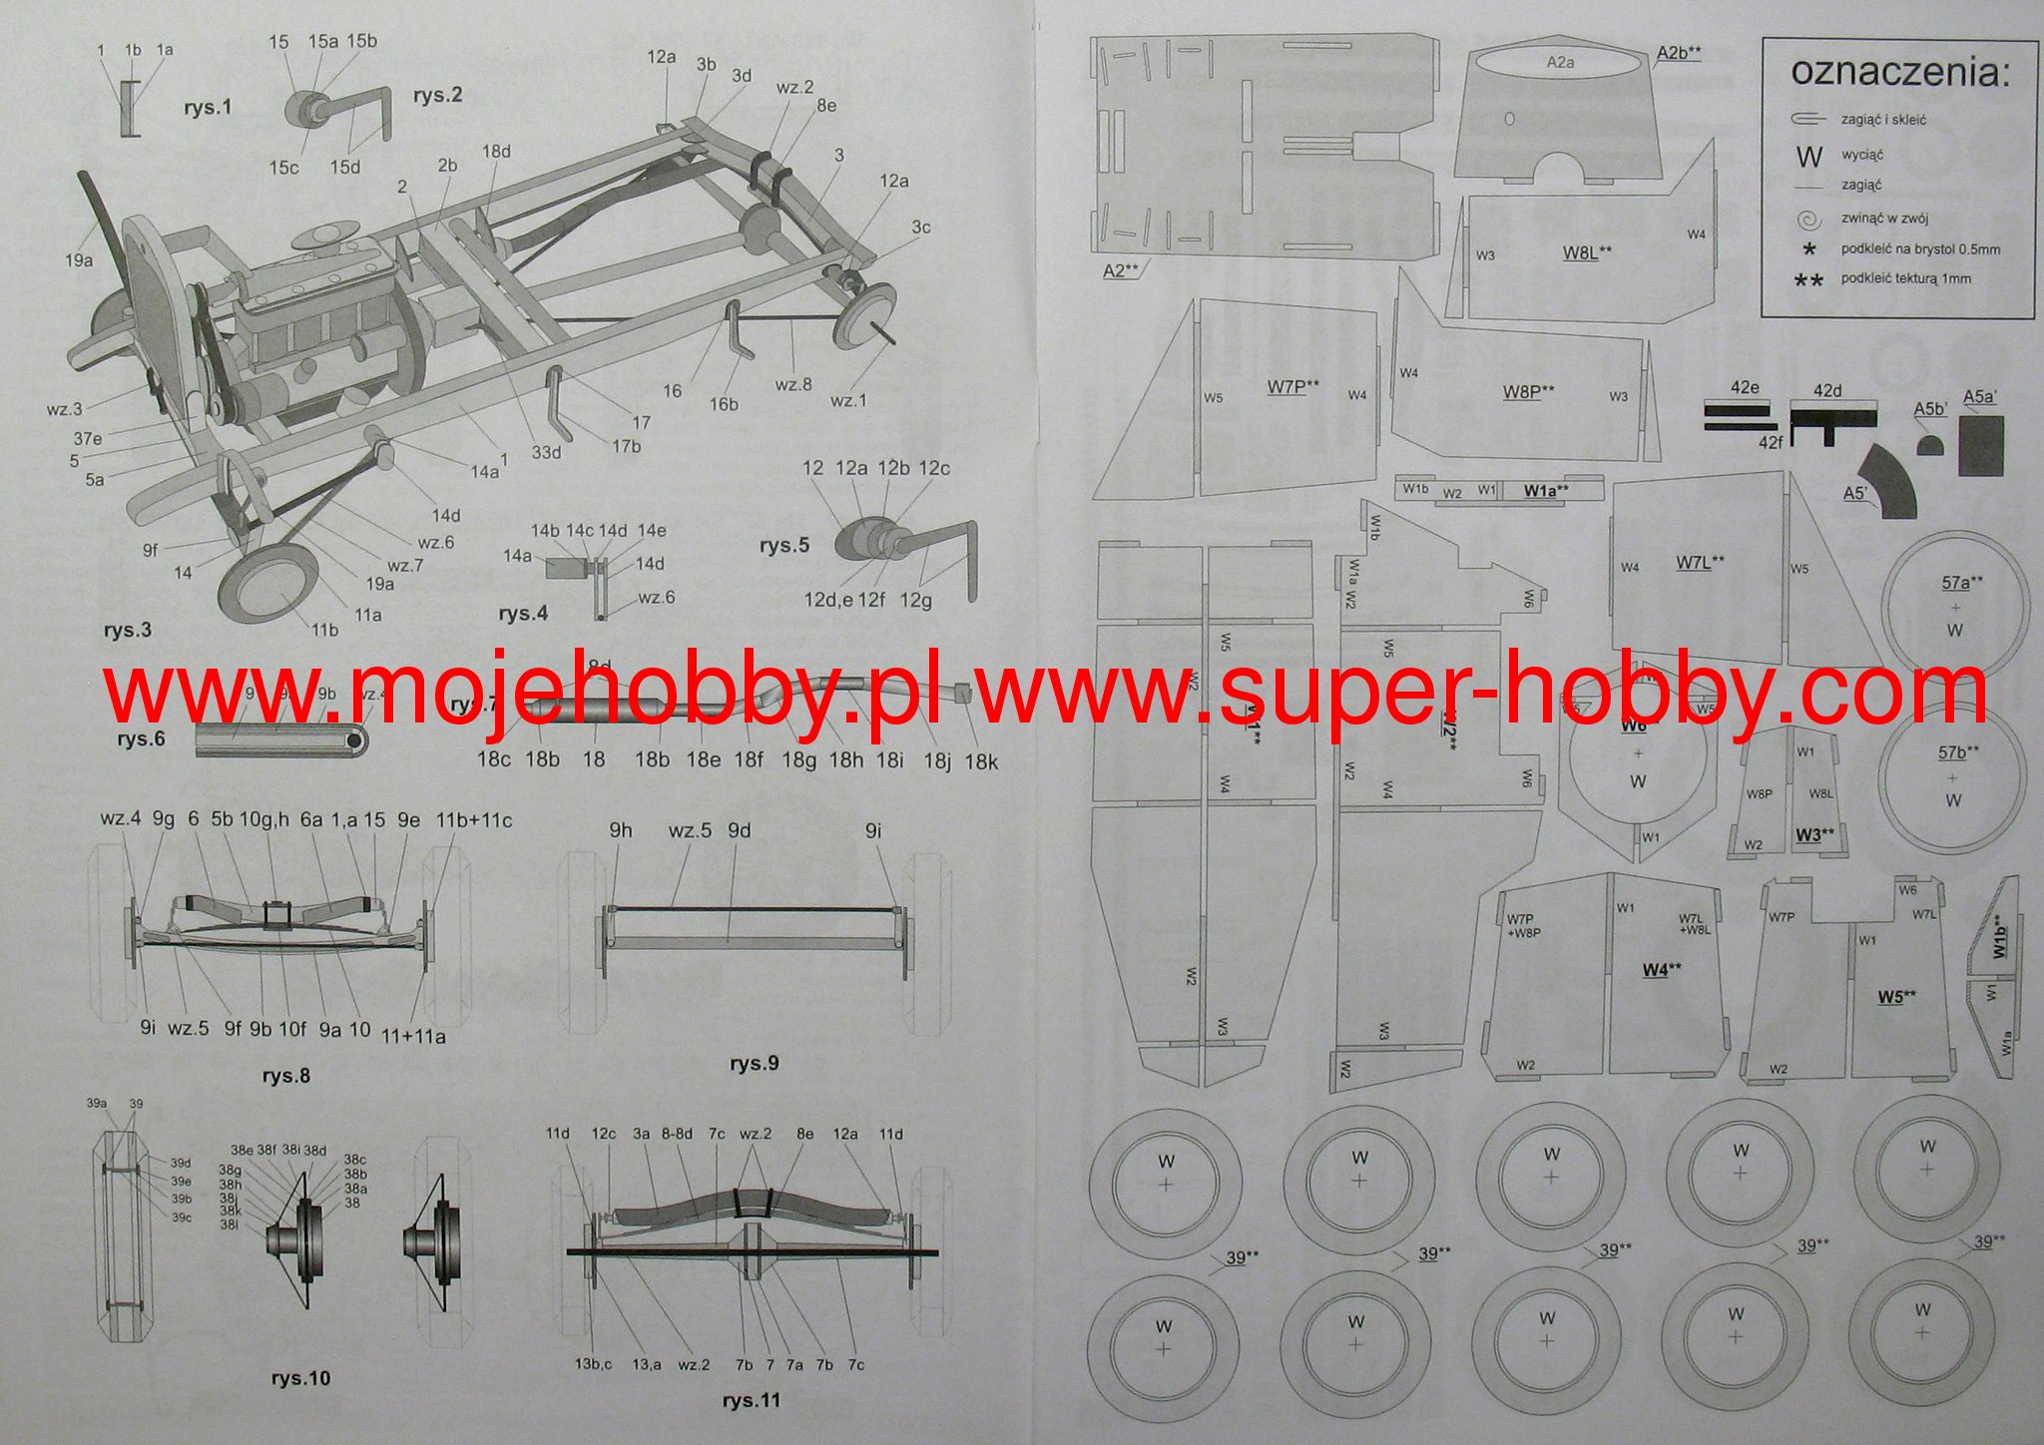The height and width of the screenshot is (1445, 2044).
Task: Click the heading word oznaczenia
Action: [x=1899, y=72]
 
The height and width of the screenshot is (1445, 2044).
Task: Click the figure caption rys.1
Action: [x=208, y=107]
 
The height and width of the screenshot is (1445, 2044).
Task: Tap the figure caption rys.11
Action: [x=751, y=1400]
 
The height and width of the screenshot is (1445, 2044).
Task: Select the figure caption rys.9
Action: [x=754, y=1063]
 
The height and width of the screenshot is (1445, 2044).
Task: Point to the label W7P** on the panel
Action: [x=1292, y=386]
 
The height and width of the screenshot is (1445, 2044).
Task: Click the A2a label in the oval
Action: [x=1560, y=62]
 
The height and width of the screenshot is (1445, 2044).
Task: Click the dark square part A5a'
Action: [x=1981, y=445]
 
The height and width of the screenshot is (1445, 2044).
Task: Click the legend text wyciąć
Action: [x=1862, y=155]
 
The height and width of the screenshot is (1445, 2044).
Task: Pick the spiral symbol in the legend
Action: [x=1807, y=220]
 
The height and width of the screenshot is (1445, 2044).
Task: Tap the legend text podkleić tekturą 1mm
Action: [x=1905, y=278]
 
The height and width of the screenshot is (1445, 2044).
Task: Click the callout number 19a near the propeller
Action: [x=79, y=260]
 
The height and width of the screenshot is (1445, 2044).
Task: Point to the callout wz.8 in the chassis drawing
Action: [x=793, y=384]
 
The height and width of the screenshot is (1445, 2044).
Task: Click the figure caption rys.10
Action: [x=300, y=1378]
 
